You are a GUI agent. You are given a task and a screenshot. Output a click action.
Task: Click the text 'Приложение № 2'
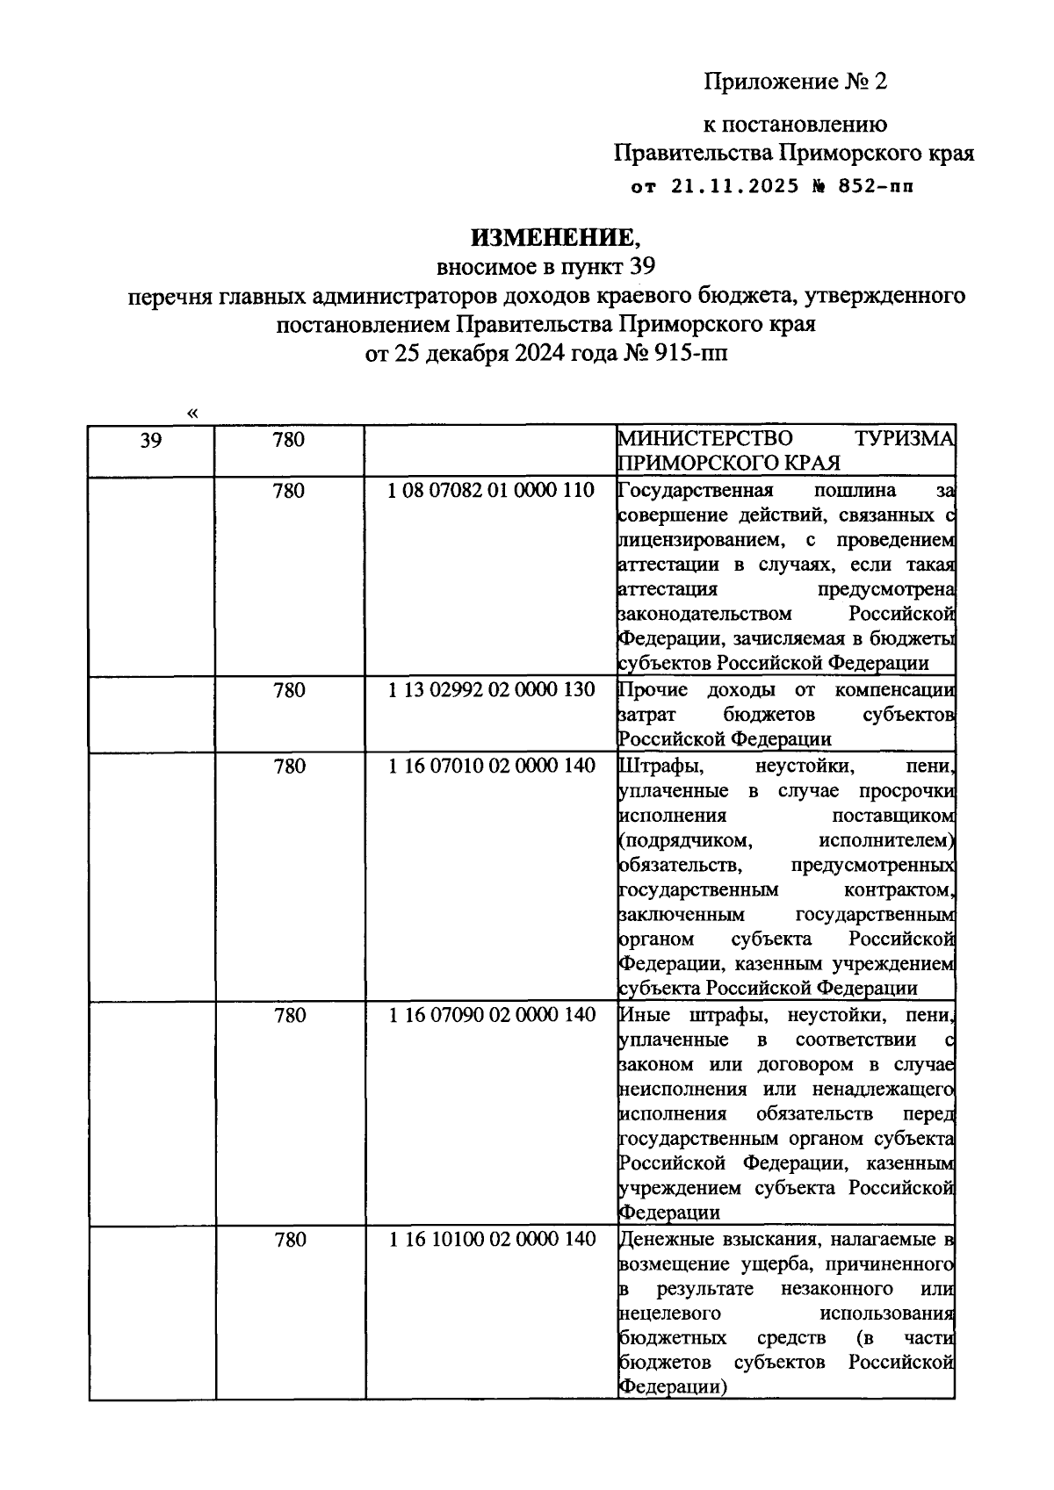(x=796, y=83)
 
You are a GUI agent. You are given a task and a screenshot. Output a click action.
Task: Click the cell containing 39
(x=151, y=441)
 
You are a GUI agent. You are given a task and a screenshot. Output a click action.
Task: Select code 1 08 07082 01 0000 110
(x=491, y=491)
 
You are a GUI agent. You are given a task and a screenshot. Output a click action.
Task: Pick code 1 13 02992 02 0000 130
(x=491, y=690)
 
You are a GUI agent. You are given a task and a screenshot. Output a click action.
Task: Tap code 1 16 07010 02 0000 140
(x=491, y=767)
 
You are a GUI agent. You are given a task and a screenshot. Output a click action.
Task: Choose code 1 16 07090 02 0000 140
(x=491, y=1016)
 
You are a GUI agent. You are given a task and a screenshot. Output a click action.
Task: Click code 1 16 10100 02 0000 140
(x=491, y=1240)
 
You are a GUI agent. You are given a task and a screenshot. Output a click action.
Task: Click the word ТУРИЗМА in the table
(x=905, y=438)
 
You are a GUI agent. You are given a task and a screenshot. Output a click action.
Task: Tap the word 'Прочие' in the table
(x=653, y=690)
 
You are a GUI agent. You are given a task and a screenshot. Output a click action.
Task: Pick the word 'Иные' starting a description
(x=645, y=1016)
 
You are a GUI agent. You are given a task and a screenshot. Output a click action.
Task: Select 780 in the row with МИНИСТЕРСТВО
(x=289, y=439)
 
